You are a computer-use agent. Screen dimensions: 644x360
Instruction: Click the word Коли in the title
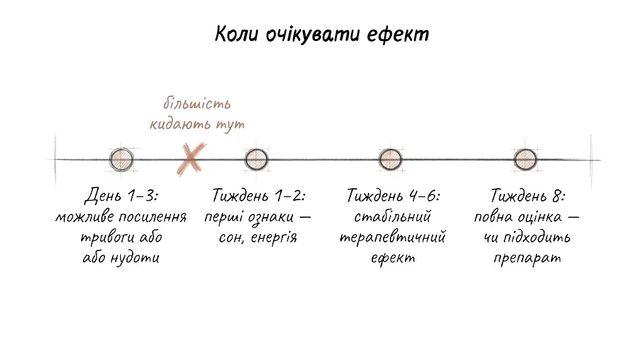[x=236, y=34]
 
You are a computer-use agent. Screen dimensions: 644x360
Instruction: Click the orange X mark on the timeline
[x=191, y=159]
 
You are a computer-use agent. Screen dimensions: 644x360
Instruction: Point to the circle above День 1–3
[x=121, y=159]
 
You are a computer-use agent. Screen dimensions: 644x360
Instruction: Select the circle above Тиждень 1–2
[x=257, y=159]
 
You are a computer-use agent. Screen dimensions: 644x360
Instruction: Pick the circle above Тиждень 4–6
[x=390, y=159]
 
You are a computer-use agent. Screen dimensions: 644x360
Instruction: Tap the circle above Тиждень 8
[x=525, y=159]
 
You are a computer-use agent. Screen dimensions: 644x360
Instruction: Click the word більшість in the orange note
[x=197, y=103]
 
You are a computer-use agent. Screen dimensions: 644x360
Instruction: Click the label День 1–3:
[x=121, y=196]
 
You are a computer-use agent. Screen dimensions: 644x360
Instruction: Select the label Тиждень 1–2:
[x=258, y=196]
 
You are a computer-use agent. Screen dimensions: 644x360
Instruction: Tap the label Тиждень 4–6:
[x=393, y=196]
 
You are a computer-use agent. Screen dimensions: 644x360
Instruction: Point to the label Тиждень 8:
[x=528, y=196]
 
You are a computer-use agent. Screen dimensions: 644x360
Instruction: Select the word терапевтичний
[x=392, y=237]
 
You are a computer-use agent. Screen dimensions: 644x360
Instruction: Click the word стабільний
[x=392, y=216]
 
